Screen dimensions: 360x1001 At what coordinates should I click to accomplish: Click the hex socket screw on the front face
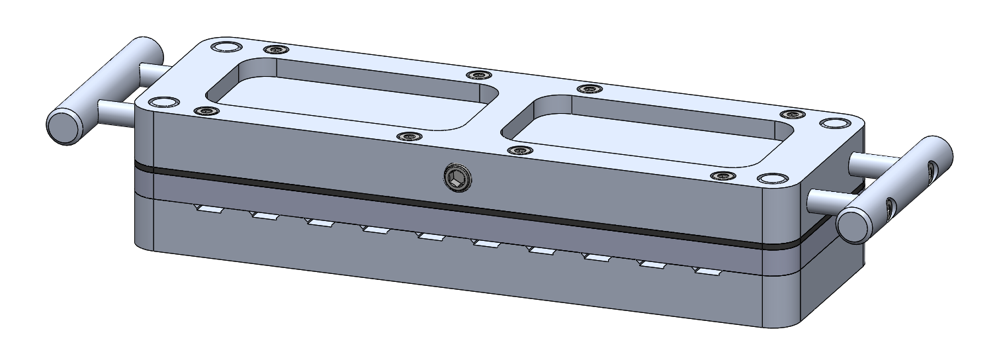tap(456, 177)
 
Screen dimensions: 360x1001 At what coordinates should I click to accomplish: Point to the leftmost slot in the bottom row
tap(206, 209)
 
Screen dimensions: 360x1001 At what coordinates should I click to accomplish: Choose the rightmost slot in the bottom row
tap(707, 271)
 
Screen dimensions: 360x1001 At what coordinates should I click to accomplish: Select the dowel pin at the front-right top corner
tap(771, 179)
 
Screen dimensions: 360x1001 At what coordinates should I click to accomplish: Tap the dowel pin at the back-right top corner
tap(834, 124)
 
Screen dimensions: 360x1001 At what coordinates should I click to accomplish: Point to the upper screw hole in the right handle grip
tap(932, 173)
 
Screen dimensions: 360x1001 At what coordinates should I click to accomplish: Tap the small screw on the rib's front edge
tap(520, 150)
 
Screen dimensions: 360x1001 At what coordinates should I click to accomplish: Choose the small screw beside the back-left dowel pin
tap(275, 50)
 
